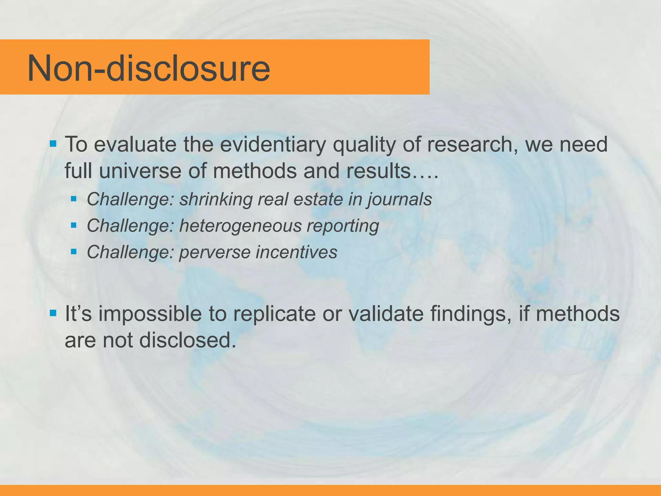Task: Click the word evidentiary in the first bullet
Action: (x=273, y=144)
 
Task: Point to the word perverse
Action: (x=215, y=252)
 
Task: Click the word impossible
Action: (x=150, y=314)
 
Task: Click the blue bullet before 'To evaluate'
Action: (x=53, y=143)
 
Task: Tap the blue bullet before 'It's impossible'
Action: (x=53, y=313)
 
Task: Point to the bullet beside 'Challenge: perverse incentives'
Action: (x=74, y=251)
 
